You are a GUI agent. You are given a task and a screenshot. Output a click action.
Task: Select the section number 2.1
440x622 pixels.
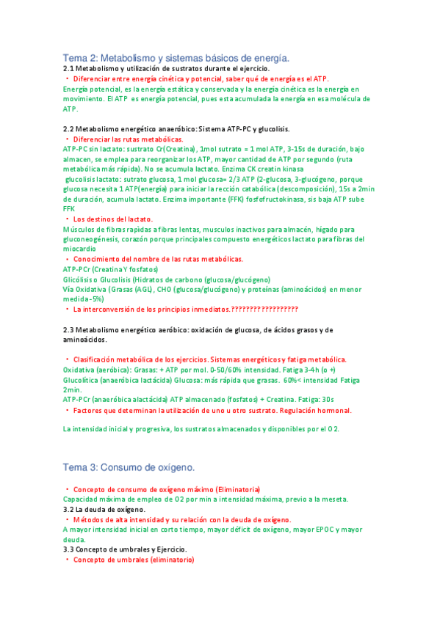point(70,68)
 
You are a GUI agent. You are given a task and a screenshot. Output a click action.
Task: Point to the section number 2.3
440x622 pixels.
point(70,330)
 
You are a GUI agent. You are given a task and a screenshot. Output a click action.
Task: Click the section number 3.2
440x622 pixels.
point(70,509)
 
